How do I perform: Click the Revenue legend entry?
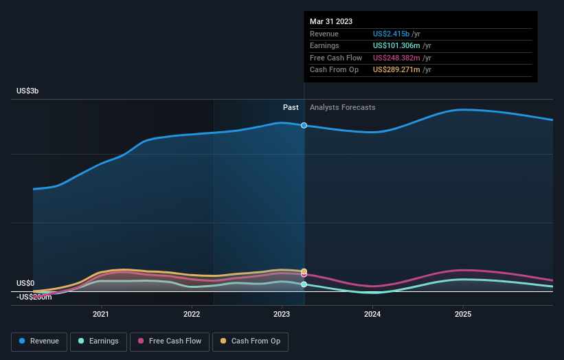point(40,341)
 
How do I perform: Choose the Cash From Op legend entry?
point(250,341)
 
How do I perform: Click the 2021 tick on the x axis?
point(101,315)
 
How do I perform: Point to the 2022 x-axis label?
point(192,315)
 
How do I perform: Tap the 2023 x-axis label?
point(282,315)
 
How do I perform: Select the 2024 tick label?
point(372,315)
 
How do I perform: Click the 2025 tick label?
point(463,315)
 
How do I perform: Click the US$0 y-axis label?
point(25,283)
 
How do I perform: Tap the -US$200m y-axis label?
point(34,297)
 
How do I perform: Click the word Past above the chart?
point(291,107)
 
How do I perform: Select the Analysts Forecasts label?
point(343,107)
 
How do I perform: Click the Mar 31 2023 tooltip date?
point(331,21)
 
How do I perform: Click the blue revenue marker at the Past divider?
point(304,126)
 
